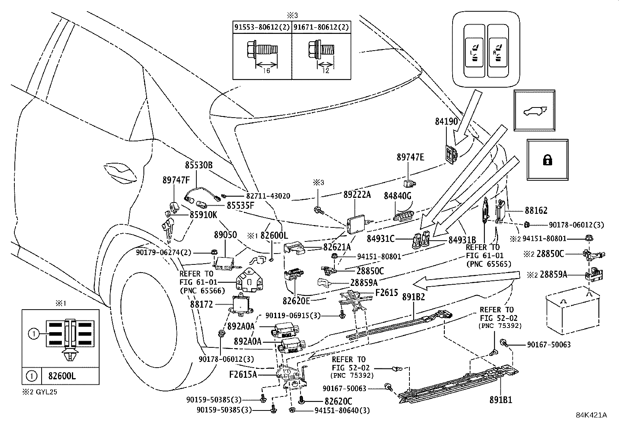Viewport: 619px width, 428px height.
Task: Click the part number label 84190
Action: coord(446,121)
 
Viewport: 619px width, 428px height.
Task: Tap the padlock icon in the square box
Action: coord(547,160)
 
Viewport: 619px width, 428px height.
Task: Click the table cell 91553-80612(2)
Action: coord(262,27)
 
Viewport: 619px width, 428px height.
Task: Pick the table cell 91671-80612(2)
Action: coord(321,27)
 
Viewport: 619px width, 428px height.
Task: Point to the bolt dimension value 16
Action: coord(266,71)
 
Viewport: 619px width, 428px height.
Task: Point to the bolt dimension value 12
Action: coord(326,71)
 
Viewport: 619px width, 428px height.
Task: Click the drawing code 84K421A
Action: coord(591,415)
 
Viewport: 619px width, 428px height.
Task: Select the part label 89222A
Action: coord(357,195)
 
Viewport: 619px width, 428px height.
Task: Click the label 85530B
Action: coord(199,165)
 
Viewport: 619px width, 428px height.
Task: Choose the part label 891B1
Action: coord(501,400)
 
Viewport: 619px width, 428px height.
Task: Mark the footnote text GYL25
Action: coord(46,392)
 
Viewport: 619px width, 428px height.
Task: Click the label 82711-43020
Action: coord(268,196)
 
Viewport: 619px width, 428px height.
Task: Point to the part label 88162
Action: coord(536,210)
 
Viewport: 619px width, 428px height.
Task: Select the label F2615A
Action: coord(243,375)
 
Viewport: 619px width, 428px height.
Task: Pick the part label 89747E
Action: coord(410,157)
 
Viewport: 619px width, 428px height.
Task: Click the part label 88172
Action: coord(201,305)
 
